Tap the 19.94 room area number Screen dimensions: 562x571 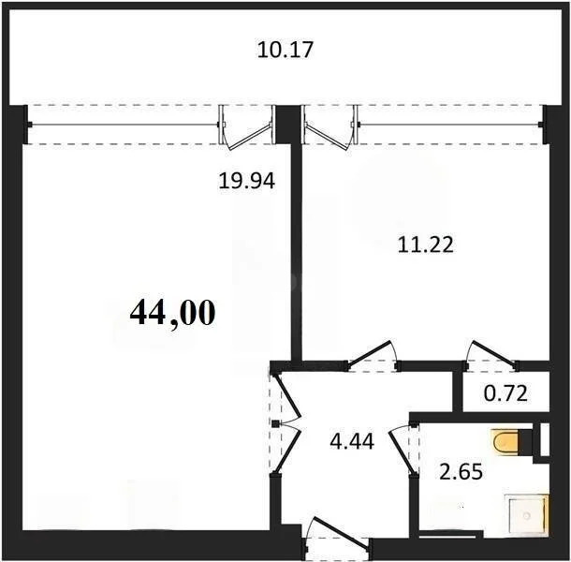coord(246,181)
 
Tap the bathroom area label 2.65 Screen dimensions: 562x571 coord(461,471)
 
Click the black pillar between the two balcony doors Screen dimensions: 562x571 coord(287,124)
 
